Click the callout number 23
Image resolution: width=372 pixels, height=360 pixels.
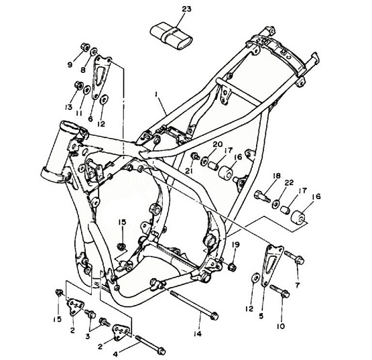(x=187, y=9)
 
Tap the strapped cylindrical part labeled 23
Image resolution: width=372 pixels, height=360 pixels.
(x=172, y=36)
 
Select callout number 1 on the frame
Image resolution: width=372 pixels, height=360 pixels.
(x=156, y=95)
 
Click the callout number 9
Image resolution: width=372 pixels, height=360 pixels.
(x=70, y=64)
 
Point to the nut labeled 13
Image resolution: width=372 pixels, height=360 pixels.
(x=78, y=85)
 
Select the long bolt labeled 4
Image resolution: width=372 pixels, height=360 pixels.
(x=150, y=343)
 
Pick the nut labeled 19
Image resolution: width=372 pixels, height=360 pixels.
(x=232, y=267)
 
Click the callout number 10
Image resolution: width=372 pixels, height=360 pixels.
(x=281, y=326)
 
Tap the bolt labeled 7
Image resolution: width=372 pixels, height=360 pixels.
(x=294, y=258)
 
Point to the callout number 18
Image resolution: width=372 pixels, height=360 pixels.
(x=277, y=176)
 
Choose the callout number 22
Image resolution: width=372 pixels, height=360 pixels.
(x=289, y=183)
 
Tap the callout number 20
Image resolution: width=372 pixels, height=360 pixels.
(x=218, y=144)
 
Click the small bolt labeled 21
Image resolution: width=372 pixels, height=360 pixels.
(x=195, y=156)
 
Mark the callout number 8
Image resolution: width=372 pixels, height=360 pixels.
(x=83, y=70)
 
